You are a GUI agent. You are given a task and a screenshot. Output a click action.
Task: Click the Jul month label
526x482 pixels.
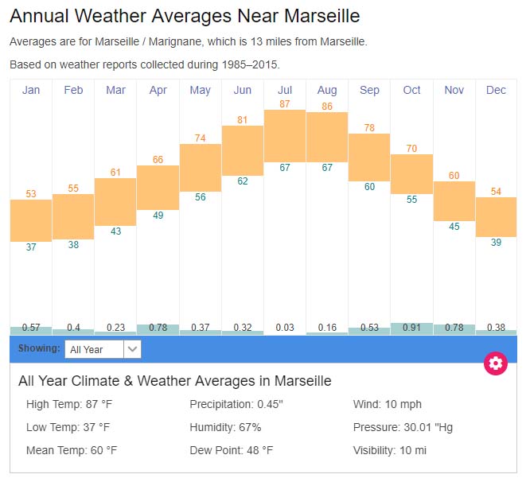click(285, 90)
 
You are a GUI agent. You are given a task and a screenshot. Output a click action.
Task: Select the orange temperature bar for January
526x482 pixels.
click(31, 220)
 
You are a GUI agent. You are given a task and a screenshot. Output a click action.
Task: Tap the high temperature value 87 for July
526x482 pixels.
click(285, 104)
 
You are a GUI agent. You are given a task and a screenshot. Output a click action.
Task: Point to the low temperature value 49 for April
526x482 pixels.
click(158, 216)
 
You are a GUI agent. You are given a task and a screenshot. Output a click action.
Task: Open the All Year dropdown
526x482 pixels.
click(103, 349)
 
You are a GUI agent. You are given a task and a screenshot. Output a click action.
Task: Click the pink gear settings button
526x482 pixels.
click(496, 363)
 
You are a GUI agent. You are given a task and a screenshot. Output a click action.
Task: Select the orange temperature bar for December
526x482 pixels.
click(497, 216)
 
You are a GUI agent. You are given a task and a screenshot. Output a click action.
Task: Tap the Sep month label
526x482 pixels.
click(369, 90)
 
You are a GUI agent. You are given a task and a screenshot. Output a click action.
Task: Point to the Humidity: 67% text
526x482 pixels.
click(225, 427)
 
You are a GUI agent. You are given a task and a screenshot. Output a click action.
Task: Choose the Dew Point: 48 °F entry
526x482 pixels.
click(231, 450)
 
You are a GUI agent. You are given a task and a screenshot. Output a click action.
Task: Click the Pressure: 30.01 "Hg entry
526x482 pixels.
click(403, 427)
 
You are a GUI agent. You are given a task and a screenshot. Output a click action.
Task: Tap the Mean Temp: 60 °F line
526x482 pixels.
click(72, 450)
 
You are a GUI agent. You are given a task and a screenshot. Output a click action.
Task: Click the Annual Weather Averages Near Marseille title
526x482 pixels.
click(185, 16)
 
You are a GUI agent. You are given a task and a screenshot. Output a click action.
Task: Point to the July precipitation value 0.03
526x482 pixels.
click(285, 327)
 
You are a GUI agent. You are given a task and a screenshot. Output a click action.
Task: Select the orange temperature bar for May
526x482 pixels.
click(201, 167)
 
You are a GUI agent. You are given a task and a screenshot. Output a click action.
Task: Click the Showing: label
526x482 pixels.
click(39, 348)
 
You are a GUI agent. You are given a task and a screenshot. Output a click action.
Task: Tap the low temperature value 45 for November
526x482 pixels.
click(454, 227)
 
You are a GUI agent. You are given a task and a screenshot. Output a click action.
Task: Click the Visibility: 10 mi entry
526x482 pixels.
click(390, 450)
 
